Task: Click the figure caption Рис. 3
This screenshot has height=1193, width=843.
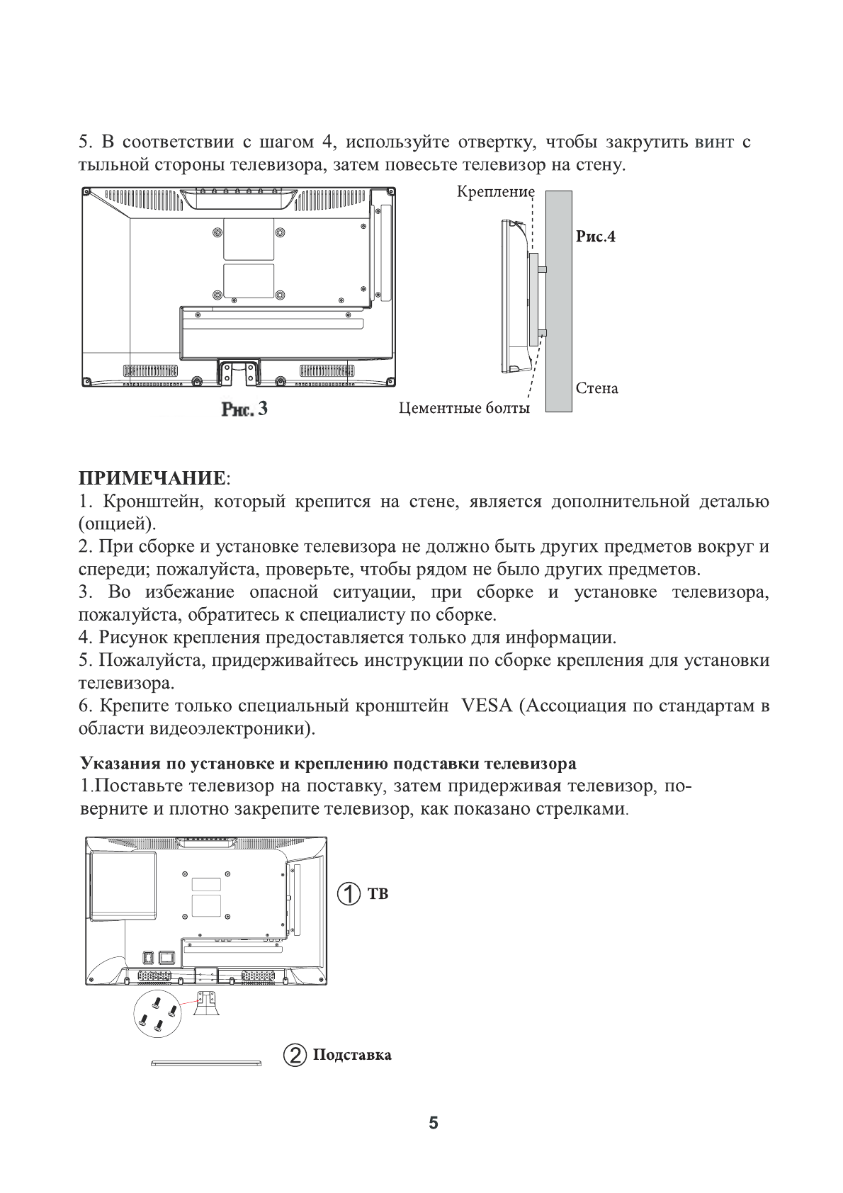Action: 244,409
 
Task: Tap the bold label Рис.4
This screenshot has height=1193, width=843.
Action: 595,237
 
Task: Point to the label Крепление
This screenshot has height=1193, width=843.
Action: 495,192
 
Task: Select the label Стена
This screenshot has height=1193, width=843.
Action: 596,388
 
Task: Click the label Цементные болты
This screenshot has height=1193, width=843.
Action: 464,408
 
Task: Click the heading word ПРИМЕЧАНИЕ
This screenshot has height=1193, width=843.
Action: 152,477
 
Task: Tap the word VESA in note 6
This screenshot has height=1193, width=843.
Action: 486,706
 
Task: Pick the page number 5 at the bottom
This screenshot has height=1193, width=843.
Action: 434,1124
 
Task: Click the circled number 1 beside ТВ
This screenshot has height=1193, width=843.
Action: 349,893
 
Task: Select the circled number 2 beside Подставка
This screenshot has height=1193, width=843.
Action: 294,1055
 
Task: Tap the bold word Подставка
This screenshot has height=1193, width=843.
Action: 352,1056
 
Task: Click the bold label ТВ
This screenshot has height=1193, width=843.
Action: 378,894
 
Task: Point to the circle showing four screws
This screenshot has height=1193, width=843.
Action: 157,1014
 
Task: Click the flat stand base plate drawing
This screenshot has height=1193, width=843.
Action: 206,1063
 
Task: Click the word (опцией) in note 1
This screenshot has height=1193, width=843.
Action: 116,525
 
